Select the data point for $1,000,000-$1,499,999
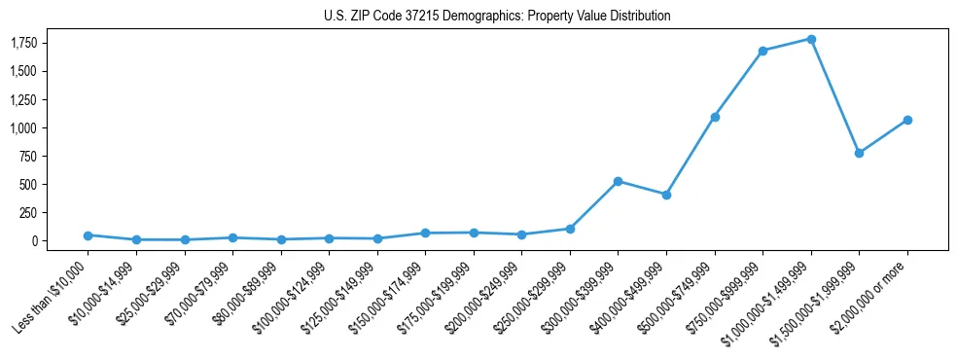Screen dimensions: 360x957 811,39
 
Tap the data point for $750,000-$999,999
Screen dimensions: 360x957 762,51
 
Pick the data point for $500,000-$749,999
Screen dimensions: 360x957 715,117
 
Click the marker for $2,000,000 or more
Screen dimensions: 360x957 907,120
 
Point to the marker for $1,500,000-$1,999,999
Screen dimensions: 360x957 859,153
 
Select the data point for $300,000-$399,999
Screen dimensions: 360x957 619,181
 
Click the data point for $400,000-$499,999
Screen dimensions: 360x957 666,195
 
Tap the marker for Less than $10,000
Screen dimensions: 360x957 88,235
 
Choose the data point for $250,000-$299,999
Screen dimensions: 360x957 570,229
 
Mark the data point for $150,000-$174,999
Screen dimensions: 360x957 425,233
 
